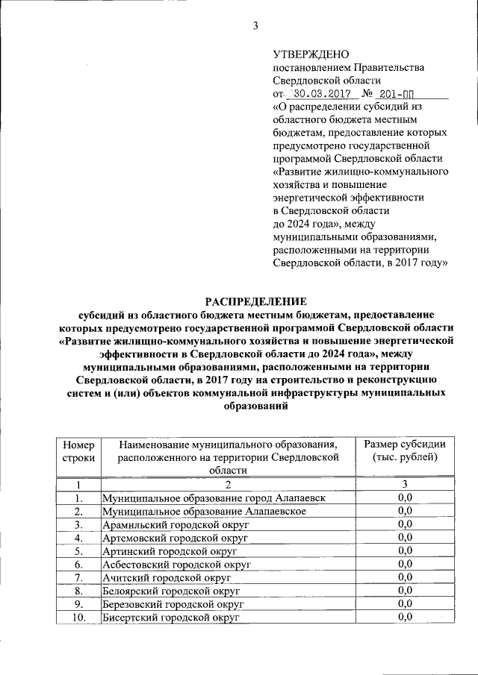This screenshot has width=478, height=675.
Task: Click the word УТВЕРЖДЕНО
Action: tap(311, 54)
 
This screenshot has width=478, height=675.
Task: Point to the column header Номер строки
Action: tap(79, 450)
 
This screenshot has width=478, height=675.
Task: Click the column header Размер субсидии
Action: tap(405, 450)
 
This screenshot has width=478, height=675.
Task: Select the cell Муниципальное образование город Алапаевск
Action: tap(214, 497)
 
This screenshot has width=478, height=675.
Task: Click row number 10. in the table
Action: tap(79, 618)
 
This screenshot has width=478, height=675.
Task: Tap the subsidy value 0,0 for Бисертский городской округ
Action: tap(405, 618)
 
